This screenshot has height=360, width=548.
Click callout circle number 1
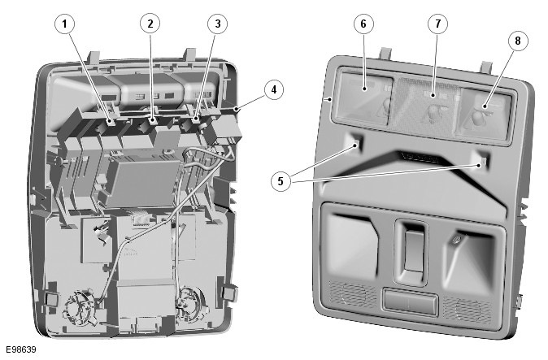click(x=65, y=24)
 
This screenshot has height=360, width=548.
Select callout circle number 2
click(x=150, y=24)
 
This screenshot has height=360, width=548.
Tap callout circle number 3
click(x=217, y=24)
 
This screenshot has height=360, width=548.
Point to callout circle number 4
click(x=274, y=89)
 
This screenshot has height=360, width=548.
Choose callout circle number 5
click(x=281, y=181)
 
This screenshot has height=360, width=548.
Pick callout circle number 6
click(x=363, y=24)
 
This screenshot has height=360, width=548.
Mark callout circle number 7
click(x=438, y=24)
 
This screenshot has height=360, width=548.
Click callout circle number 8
click(x=518, y=41)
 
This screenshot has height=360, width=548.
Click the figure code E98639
click(x=20, y=349)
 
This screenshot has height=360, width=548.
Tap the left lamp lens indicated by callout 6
click(x=364, y=98)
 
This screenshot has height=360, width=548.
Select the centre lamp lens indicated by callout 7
click(x=429, y=106)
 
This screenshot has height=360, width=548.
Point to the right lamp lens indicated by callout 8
click(x=484, y=113)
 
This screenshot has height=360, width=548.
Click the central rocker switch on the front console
click(x=415, y=251)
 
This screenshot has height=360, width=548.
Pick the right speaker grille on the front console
click(x=468, y=309)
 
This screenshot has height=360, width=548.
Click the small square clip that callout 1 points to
click(x=110, y=122)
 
